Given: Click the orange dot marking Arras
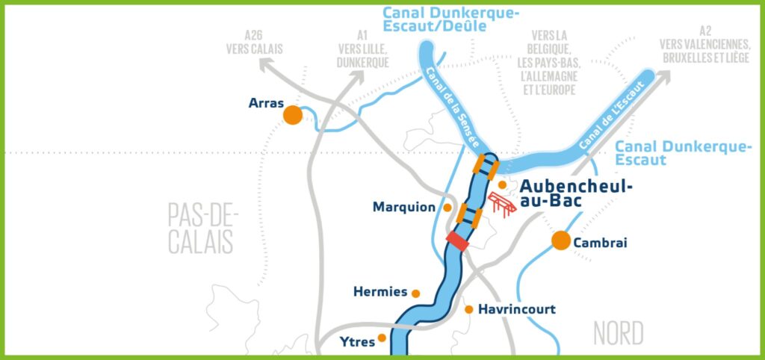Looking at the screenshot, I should [292, 115].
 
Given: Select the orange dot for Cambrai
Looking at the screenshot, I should [560, 240].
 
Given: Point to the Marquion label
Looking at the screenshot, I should [403, 207].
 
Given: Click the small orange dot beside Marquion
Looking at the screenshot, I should [447, 207].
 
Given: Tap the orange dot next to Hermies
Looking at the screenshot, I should [416, 294].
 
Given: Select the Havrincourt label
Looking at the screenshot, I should [517, 308].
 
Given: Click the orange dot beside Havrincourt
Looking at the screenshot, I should [469, 309].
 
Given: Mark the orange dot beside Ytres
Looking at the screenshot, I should [382, 338].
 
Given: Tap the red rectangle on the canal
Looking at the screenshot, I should [457, 240].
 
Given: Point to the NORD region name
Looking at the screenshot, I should [619, 333].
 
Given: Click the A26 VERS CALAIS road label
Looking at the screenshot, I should [254, 42].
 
